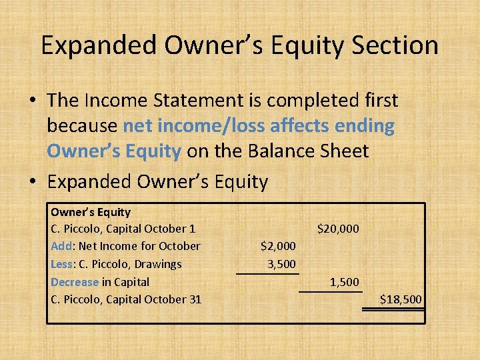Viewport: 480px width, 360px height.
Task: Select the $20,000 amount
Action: click(x=338, y=229)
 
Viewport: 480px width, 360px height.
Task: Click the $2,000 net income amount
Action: click(x=278, y=247)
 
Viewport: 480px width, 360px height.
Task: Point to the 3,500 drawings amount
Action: click(x=281, y=264)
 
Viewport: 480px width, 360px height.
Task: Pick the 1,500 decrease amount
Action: click(x=344, y=282)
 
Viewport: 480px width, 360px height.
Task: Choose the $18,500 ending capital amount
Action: click(x=401, y=299)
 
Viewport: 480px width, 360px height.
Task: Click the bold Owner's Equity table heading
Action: click(x=91, y=212)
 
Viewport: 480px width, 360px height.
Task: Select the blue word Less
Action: click(x=62, y=264)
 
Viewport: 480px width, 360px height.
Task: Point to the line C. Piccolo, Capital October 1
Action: click(x=123, y=229)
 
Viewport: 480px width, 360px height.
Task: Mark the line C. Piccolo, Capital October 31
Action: click(x=126, y=299)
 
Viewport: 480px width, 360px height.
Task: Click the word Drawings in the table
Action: click(x=157, y=264)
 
